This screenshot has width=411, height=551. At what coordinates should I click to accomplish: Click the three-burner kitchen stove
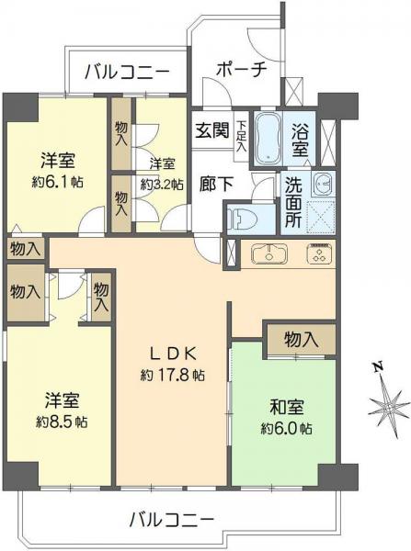click(x=318, y=254)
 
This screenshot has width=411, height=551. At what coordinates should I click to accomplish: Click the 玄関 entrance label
click(x=210, y=130)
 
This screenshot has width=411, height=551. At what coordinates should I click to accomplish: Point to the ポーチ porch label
click(x=241, y=70)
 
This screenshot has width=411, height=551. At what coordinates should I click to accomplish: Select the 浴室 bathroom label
click(x=301, y=137)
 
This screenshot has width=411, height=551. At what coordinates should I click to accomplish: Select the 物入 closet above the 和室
click(x=302, y=339)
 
